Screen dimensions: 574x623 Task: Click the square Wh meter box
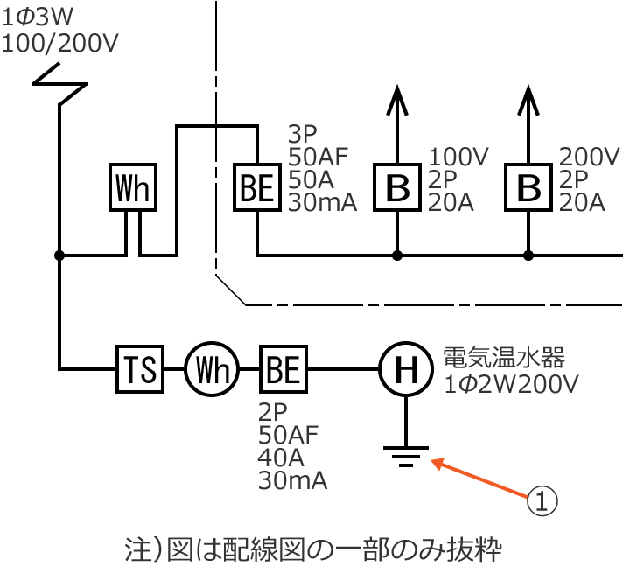(134, 187)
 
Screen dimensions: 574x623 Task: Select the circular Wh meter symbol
(210, 370)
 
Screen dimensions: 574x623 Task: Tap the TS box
(141, 370)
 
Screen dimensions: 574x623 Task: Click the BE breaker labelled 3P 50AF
(257, 187)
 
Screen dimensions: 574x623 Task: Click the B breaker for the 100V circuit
(398, 187)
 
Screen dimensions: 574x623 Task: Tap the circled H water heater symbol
(405, 370)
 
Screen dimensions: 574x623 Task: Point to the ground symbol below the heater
(405, 456)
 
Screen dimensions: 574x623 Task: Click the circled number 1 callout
(541, 500)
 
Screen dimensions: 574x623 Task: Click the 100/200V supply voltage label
(60, 42)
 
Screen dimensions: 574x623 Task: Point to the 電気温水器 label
(504, 357)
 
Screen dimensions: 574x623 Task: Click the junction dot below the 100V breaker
(398, 255)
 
